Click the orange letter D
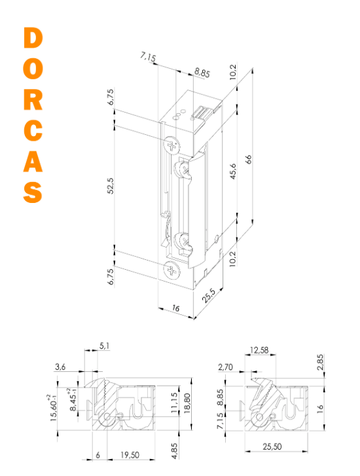33,38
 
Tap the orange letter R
33,100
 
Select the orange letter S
33,192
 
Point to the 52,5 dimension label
111,186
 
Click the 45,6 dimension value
233,171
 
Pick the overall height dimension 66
249,159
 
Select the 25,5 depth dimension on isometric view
209,295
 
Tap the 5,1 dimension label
104,346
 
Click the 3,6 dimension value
60,367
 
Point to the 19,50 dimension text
130,455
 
